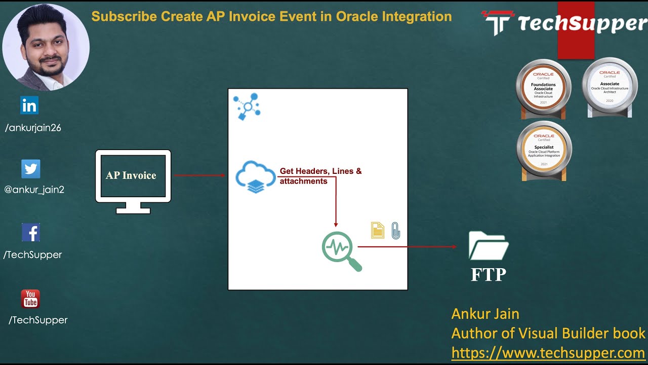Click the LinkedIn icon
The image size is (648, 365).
[29, 105]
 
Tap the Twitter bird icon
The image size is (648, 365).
[30, 169]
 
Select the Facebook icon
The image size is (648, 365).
[31, 233]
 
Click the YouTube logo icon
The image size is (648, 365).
[30, 299]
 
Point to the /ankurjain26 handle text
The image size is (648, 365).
[33, 128]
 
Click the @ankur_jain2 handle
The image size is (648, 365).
[34, 190]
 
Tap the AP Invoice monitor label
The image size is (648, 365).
[131, 175]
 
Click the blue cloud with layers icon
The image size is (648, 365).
[256, 176]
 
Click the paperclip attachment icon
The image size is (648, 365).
[395, 230]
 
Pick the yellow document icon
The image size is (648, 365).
[378, 230]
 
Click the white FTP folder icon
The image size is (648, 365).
[489, 246]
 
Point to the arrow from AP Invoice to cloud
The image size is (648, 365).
[199, 175]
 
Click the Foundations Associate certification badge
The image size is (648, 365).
[543, 88]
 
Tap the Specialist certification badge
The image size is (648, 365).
[544, 150]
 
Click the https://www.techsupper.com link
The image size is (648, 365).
[548, 352]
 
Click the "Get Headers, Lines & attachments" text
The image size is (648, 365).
[320, 176]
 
